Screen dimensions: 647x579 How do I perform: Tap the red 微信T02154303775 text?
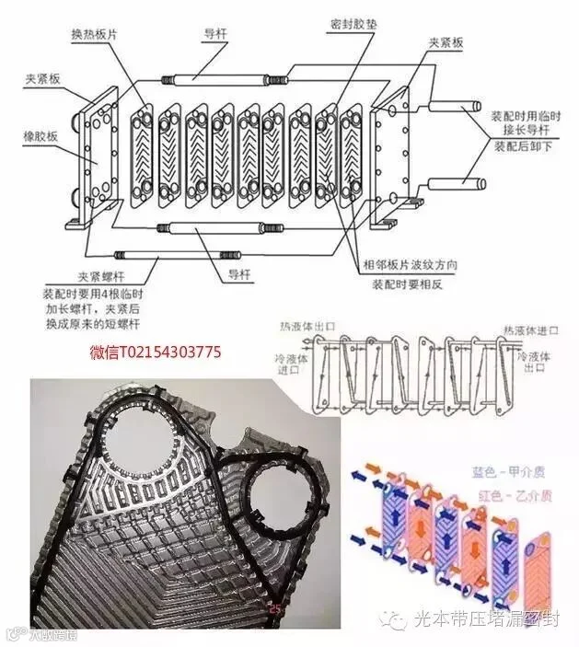(x=155, y=352)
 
